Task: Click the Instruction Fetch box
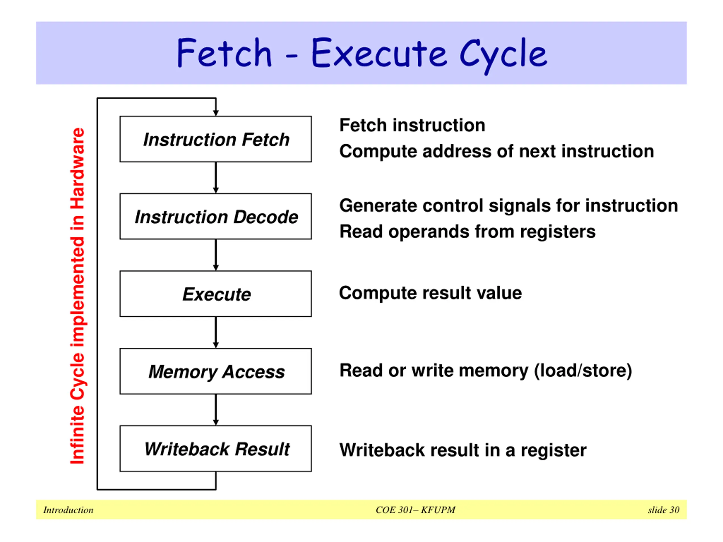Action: [x=216, y=139]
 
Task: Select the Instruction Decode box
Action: [x=216, y=216]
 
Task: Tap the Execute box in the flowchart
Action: [x=216, y=294]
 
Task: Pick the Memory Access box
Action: [x=216, y=371]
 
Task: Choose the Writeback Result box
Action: [x=216, y=449]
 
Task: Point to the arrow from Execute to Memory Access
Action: [x=216, y=333]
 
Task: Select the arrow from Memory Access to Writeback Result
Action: [x=216, y=410]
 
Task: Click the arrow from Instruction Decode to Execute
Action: [x=216, y=255]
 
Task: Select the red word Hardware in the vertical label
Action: [x=78, y=169]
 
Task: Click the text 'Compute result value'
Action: [x=430, y=293]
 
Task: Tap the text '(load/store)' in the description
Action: [x=583, y=371]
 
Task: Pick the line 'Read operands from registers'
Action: [x=467, y=232]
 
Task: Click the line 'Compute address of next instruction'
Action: [x=496, y=152]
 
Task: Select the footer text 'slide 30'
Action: [x=663, y=510]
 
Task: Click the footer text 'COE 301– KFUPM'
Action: [x=415, y=510]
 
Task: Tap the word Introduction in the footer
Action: [x=68, y=510]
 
